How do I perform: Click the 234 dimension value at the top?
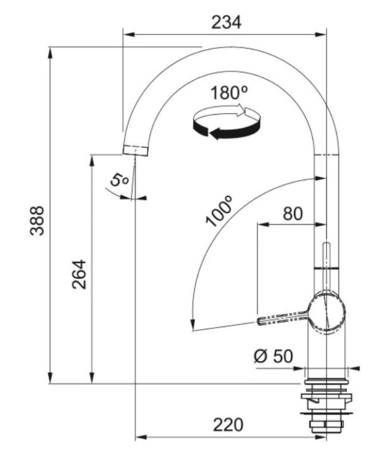point(227,22)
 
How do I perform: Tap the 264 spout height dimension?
point(78,274)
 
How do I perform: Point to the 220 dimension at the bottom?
point(228,425)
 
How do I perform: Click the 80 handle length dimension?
point(292,213)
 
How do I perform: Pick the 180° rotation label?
point(228,92)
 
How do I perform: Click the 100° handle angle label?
point(221,211)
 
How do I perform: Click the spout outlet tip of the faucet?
point(136,150)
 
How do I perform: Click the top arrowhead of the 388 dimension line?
point(50,52)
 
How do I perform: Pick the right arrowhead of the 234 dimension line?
point(323,33)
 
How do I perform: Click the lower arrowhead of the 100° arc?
point(192,326)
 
